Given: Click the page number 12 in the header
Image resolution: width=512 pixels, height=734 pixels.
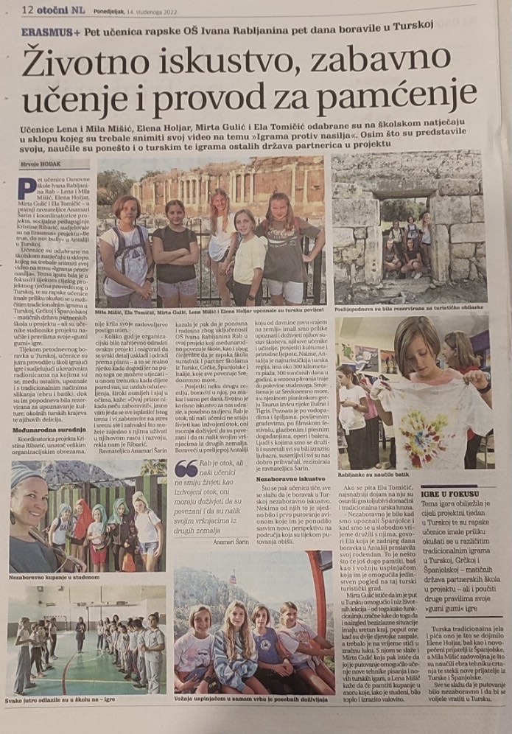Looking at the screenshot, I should coord(30,10).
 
